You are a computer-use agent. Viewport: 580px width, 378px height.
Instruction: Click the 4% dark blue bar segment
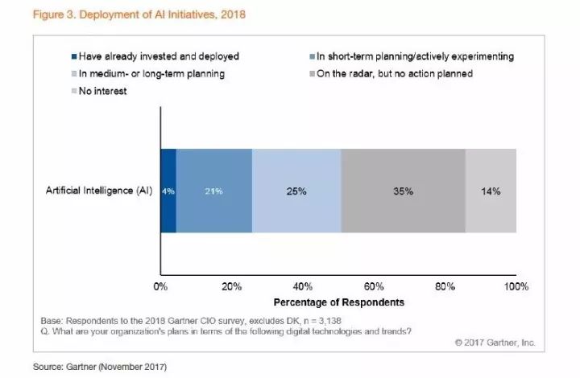(168, 191)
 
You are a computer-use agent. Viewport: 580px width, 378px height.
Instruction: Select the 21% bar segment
(214, 191)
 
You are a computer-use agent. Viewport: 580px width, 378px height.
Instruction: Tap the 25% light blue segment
(296, 191)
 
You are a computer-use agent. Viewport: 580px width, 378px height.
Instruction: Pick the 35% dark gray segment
(403, 191)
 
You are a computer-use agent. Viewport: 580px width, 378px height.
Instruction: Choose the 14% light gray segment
(491, 191)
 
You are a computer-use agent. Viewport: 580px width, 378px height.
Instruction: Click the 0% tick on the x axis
(161, 286)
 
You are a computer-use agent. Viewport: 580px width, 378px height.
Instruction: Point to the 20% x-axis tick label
(232, 286)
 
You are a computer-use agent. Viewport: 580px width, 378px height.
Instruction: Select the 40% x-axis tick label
(303, 286)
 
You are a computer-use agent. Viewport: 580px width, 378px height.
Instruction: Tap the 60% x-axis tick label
(374, 286)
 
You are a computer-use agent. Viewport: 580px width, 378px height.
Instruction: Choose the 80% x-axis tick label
(445, 286)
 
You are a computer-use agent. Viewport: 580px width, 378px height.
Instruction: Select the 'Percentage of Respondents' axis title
(338, 302)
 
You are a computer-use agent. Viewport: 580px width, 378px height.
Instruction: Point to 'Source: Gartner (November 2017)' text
(99, 367)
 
